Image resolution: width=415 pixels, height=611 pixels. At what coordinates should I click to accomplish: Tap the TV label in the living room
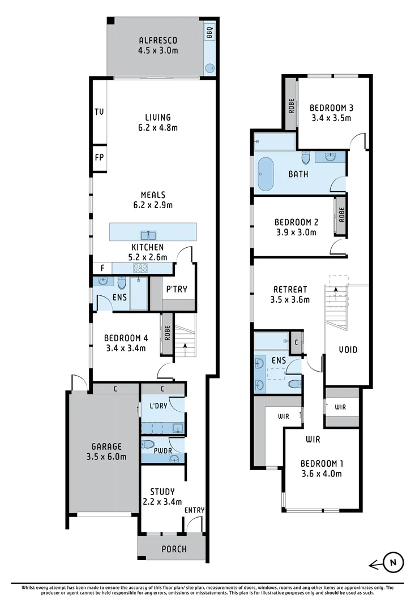(x=99, y=111)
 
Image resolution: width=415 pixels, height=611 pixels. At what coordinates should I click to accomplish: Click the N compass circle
(x=392, y=563)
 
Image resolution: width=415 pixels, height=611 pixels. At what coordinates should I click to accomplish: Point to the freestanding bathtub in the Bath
(x=266, y=174)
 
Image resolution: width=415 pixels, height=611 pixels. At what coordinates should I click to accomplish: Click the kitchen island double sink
(x=149, y=234)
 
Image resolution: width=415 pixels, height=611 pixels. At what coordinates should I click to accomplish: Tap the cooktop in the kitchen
(x=140, y=269)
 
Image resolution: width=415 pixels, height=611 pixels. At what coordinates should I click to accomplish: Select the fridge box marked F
(x=102, y=268)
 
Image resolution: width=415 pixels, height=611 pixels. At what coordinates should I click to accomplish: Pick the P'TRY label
(x=176, y=290)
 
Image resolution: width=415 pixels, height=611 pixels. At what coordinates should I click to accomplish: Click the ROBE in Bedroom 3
(x=291, y=106)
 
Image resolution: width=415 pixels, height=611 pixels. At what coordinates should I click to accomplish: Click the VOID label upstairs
(x=348, y=350)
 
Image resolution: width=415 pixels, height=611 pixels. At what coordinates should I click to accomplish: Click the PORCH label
(x=174, y=549)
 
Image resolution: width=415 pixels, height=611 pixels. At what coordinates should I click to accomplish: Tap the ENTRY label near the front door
(x=194, y=510)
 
